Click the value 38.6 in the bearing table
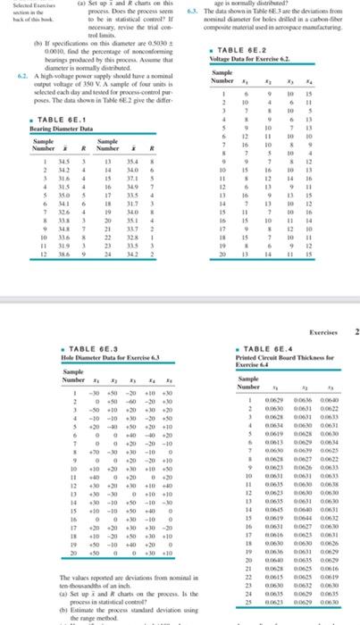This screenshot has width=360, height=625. [37, 254]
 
